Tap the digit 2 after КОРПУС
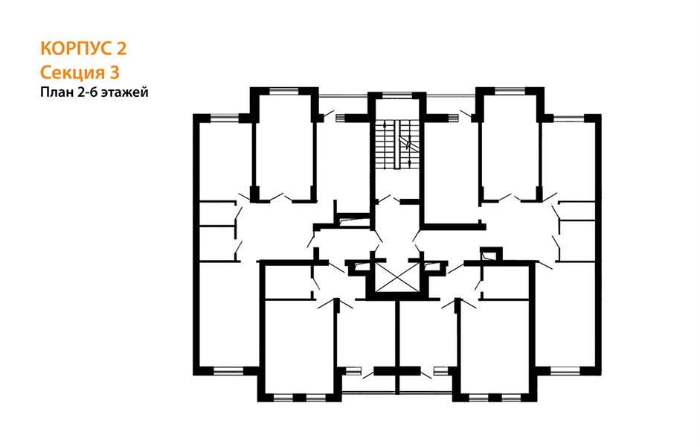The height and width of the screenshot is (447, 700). [121, 48]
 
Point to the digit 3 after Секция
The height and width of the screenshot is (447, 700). [115, 72]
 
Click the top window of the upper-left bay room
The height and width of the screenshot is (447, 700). [284, 91]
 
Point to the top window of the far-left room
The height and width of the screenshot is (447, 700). [225, 118]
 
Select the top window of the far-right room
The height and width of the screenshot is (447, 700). [569, 118]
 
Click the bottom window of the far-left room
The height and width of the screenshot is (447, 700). [228, 370]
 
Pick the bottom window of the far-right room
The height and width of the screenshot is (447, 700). [565, 370]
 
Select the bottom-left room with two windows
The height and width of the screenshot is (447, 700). [300, 346]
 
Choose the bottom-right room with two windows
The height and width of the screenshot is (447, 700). [495, 346]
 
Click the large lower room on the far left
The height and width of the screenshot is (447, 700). [227, 315]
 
